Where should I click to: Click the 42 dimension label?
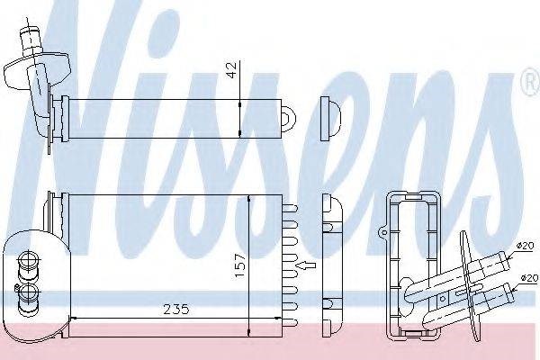[233, 70]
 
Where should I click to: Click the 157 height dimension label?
[239, 265]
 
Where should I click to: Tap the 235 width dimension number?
[176, 310]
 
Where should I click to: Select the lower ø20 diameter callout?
[529, 278]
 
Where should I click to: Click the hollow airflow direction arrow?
[306, 265]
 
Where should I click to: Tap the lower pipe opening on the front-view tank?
[27, 293]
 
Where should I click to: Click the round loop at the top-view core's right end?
[289, 119]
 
